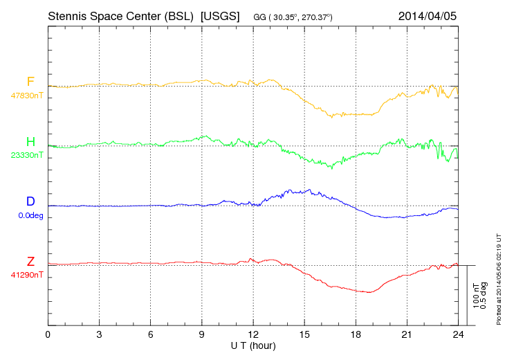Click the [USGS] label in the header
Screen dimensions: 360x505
(x=219, y=15)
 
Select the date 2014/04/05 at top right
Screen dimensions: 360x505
(x=428, y=15)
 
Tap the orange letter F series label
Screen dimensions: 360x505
(x=30, y=82)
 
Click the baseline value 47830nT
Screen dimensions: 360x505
(x=27, y=96)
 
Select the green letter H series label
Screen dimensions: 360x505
(x=30, y=142)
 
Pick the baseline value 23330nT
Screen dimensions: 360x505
(x=27, y=156)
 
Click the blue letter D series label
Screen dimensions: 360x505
(x=30, y=201)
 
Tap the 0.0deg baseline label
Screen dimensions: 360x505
(x=31, y=215)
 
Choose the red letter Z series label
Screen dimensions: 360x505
(x=30, y=262)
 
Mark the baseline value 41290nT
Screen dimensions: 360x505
(x=27, y=276)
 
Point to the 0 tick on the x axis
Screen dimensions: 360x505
(x=48, y=334)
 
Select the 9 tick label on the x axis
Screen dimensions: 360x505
(x=202, y=334)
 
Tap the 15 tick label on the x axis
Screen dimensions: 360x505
(x=304, y=334)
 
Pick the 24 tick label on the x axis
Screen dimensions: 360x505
(x=458, y=334)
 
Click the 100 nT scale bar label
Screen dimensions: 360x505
(x=476, y=295)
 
